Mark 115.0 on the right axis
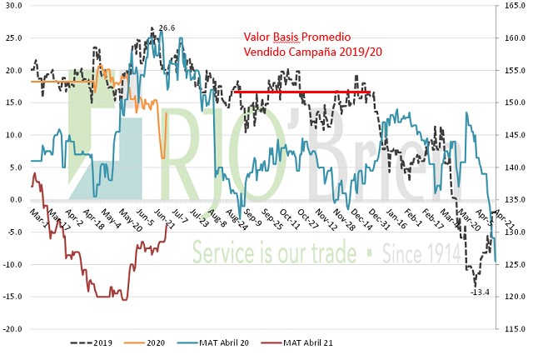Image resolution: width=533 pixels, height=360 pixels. tap(512, 329)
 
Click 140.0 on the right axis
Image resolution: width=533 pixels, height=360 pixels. tap(512, 167)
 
